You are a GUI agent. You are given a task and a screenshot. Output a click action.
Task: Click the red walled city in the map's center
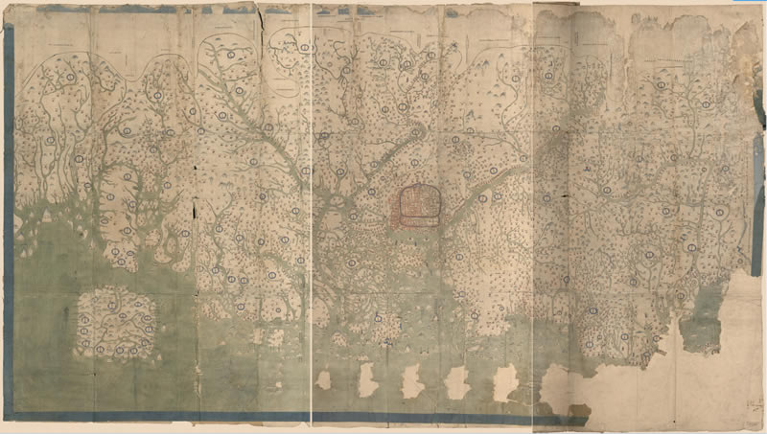[x=418, y=204]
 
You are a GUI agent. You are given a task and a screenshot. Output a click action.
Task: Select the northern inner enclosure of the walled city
[x=419, y=197]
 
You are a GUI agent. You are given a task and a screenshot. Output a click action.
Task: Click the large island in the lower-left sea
[x=115, y=322]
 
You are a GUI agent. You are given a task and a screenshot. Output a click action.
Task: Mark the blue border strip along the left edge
[x=9, y=220]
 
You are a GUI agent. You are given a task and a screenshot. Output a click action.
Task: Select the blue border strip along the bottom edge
[x=288, y=418]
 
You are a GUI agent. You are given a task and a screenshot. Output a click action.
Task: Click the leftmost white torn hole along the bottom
[x=323, y=379]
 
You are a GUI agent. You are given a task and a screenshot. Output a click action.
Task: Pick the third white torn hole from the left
[x=412, y=381]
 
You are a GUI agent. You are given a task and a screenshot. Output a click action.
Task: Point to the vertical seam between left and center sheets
[x=312, y=220]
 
